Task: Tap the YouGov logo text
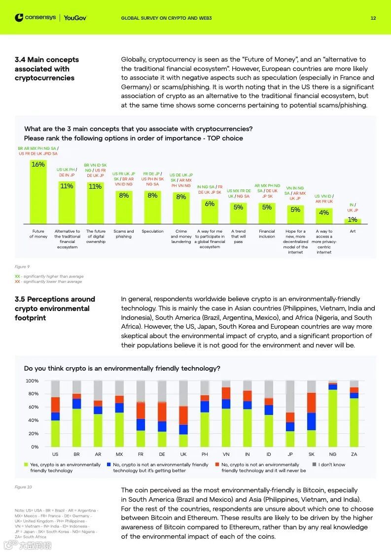[75, 18]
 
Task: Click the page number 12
[373, 18]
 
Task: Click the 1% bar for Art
[353, 221]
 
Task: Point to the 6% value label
[210, 204]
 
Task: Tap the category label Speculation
[152, 231]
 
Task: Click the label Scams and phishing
[124, 234]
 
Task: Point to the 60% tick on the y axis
[32, 407]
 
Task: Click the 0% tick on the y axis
[35, 447]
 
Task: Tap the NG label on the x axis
[333, 454]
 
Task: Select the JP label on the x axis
[290, 454]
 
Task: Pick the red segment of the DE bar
[162, 412]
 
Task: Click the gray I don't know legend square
[315, 464]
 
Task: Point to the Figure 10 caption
[23, 487]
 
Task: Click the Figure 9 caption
[22, 267]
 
